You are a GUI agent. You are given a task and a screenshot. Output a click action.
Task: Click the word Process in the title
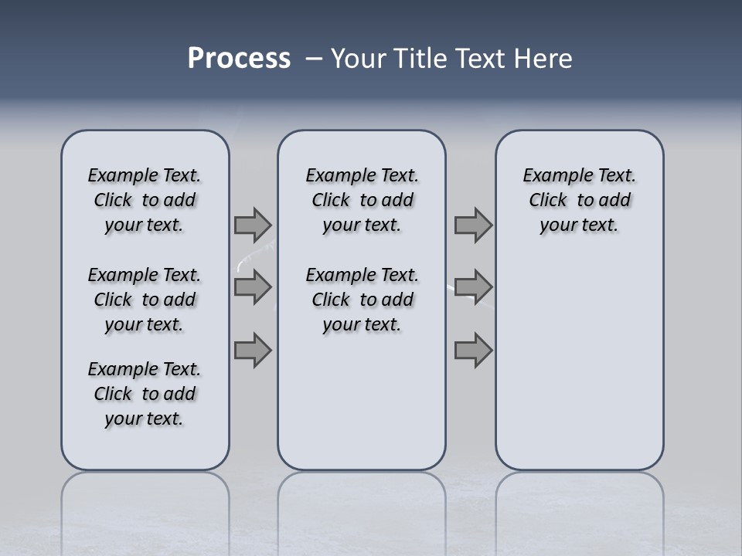tap(239, 59)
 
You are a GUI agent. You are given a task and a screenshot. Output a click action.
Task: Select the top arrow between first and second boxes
tap(253, 225)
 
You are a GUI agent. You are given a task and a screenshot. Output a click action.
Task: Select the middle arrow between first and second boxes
tap(253, 287)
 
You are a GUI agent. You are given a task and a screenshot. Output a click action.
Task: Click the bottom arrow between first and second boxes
tap(253, 350)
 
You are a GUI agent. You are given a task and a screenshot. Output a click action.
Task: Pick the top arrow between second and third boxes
tap(473, 225)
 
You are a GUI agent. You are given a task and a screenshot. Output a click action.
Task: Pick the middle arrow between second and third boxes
tap(473, 287)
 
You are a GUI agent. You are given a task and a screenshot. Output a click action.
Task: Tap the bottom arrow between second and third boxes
tap(473, 350)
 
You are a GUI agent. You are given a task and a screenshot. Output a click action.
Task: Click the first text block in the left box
tap(145, 200)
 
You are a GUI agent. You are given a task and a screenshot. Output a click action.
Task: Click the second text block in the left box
tap(145, 300)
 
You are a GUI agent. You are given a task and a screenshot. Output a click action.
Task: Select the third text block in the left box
tap(145, 394)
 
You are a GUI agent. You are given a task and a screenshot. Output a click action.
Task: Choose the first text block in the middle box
tap(362, 200)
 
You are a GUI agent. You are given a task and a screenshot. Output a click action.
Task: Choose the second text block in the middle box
tap(362, 300)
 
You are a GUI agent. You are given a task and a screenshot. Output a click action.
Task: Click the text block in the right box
tap(579, 200)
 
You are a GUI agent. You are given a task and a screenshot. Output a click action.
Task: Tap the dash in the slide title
tap(313, 59)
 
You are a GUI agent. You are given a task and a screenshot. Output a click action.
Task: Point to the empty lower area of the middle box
tap(362, 402)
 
